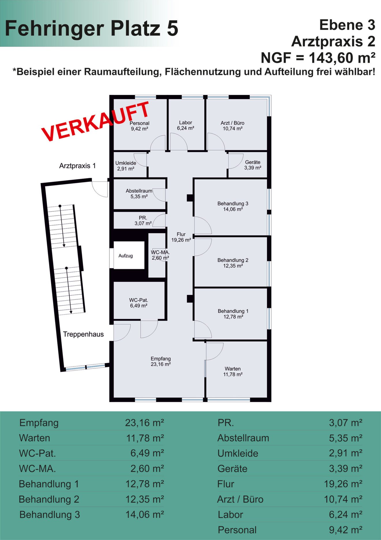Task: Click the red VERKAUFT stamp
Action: click(x=96, y=121)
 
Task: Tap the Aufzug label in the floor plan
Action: click(x=126, y=256)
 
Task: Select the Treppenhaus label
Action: click(x=83, y=334)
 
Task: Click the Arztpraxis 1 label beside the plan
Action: click(x=77, y=166)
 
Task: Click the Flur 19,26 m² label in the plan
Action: click(x=181, y=237)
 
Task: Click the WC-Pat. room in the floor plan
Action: click(x=139, y=301)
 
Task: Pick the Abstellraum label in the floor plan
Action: click(x=139, y=191)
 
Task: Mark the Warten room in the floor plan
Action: click(x=236, y=369)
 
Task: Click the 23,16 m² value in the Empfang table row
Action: click(x=145, y=423)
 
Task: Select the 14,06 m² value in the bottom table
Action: click(x=145, y=515)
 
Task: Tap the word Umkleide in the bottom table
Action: click(x=238, y=453)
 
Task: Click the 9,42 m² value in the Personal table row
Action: click(x=346, y=530)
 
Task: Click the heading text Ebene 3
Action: click(x=347, y=25)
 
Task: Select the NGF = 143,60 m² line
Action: click(x=318, y=58)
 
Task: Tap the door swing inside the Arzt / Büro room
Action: click(x=216, y=142)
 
